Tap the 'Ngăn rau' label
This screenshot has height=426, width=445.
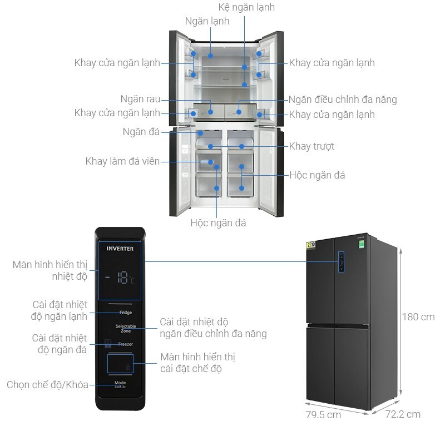pos(140,100)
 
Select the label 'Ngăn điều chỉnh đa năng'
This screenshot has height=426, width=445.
pos(343,100)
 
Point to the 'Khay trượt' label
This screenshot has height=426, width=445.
pos(311,147)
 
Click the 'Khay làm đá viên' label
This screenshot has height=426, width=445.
pos(122,161)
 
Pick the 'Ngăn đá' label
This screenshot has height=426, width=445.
pos(141,132)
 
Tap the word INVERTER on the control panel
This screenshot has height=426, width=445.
pos(120,249)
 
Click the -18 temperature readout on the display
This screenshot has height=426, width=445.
pos(122,279)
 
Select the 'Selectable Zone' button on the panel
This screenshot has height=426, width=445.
pos(125,328)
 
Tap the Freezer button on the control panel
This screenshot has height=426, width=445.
pos(125,344)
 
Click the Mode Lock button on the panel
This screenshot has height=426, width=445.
pos(121,385)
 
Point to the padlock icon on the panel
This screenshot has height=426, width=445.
pos(128,367)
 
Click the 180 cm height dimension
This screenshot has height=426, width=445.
pos(418,318)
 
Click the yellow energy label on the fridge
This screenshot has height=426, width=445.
pos(311,247)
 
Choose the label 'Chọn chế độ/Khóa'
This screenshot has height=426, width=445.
pos(48,385)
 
